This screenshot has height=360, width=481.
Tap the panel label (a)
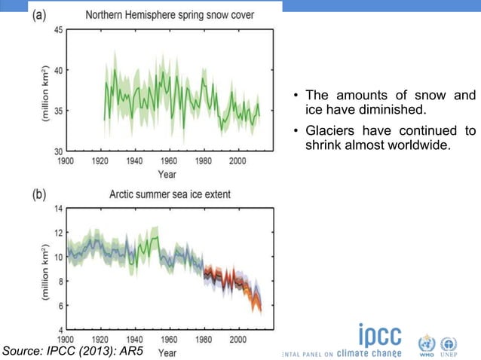[41, 15]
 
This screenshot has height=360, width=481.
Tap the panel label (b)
[41, 194]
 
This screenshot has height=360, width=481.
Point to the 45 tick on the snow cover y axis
[58, 30]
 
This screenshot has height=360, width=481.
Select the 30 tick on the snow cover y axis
[58, 151]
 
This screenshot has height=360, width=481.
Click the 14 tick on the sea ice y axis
[59, 209]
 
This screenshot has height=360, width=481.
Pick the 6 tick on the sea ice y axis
[60, 305]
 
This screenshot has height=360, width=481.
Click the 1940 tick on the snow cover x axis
[134, 161]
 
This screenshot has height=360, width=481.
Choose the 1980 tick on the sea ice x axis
[204, 340]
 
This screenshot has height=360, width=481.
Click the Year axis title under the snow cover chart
[167, 174]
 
